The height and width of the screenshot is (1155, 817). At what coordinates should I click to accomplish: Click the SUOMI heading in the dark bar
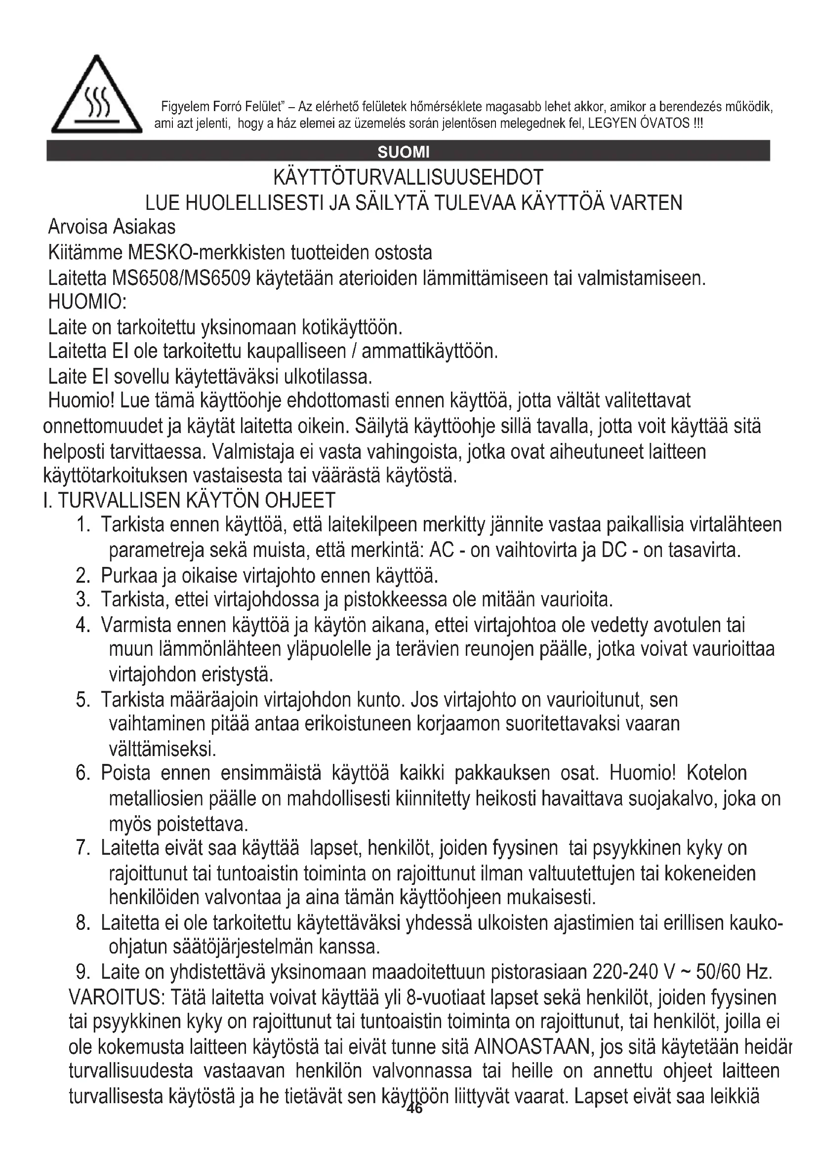404,152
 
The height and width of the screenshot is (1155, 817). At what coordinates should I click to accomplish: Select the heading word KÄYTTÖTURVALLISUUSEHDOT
408,178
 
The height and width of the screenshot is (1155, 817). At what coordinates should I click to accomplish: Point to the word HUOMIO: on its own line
87,302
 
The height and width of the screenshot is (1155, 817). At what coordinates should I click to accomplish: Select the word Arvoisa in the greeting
78,227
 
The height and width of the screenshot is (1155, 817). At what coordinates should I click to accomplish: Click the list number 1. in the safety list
83,525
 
